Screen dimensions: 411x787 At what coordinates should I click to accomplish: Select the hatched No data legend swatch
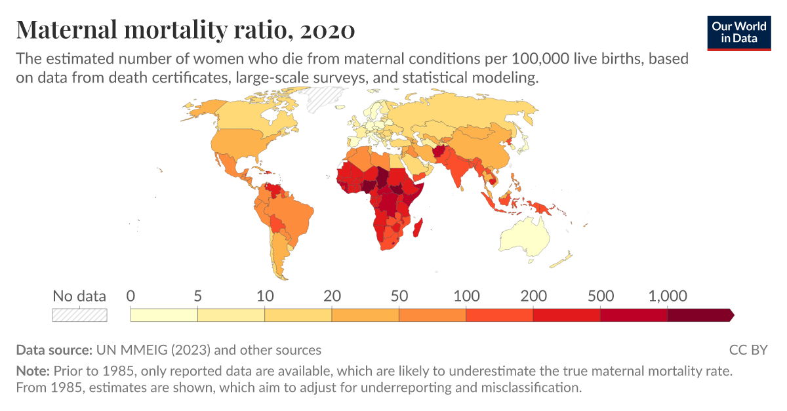click(79, 315)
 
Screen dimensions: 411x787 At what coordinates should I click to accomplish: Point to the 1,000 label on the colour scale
click(668, 296)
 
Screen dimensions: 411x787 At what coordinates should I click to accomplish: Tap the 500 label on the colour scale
click(601, 296)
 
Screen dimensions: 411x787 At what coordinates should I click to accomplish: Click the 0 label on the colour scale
click(131, 296)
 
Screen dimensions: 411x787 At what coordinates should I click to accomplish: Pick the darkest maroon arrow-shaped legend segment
click(699, 315)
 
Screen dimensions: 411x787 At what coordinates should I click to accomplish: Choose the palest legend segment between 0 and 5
click(164, 315)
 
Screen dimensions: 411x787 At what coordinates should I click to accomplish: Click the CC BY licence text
click(748, 349)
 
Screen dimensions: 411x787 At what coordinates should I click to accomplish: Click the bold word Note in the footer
click(31, 371)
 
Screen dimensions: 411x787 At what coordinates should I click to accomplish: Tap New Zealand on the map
click(561, 263)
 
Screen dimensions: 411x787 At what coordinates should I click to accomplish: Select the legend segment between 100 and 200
click(499, 315)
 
